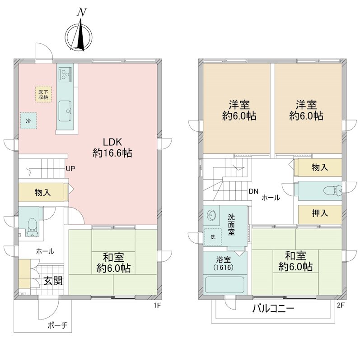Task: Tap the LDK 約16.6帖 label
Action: (112, 148)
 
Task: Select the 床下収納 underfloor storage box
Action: (43, 94)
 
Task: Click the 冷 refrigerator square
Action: (28, 121)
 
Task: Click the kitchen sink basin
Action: (65, 111)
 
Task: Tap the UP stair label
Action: (70, 169)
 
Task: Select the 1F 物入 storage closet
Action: (43, 193)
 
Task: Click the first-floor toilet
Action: (32, 227)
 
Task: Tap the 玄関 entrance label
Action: (53, 281)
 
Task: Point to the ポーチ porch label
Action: (58, 325)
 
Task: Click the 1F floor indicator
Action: (157, 305)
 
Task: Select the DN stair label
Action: (253, 191)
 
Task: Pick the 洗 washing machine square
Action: (213, 236)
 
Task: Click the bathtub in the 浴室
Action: (224, 285)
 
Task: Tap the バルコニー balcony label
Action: (273, 309)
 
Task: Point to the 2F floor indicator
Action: (341, 305)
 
